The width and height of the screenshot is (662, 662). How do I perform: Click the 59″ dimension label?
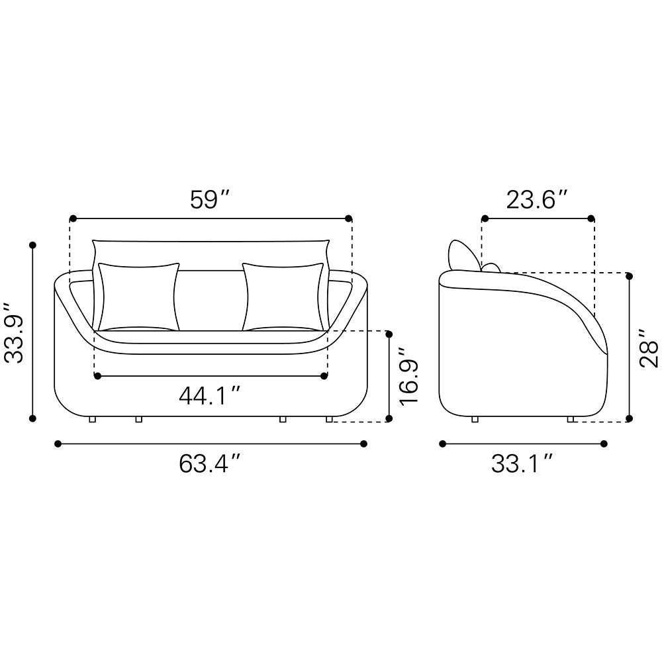click(210, 200)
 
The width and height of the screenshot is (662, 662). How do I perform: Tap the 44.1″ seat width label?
click(210, 396)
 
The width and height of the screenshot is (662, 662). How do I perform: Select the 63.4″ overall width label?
click(210, 463)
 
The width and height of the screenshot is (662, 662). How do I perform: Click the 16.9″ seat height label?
click(408, 377)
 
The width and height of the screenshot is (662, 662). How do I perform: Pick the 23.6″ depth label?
click(537, 200)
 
